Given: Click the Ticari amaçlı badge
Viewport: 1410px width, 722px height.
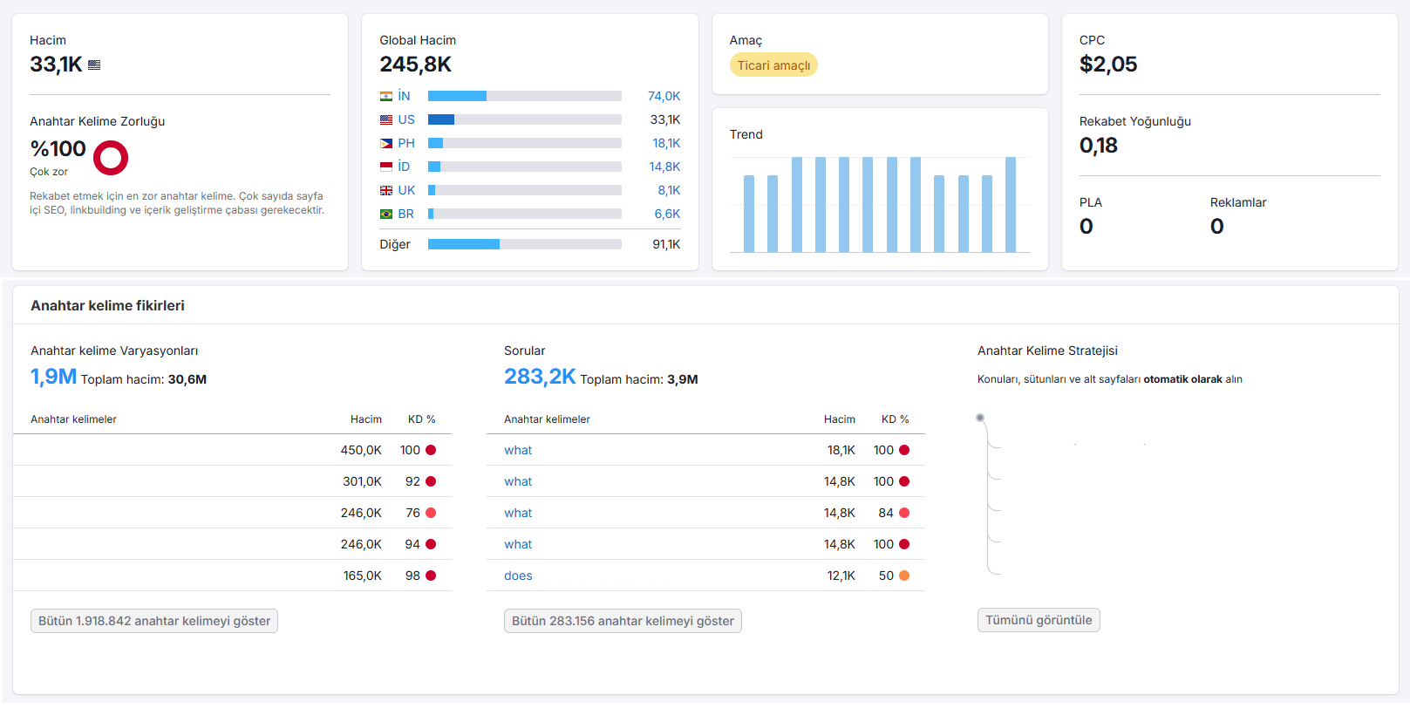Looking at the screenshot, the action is click(x=773, y=65).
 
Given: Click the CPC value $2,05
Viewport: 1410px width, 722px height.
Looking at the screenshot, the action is click(x=1107, y=65).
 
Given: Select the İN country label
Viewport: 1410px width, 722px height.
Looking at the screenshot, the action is click(x=404, y=96).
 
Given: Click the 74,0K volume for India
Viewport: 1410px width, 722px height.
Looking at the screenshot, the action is click(x=664, y=96).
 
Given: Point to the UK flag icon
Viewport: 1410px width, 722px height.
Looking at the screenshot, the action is click(x=386, y=190).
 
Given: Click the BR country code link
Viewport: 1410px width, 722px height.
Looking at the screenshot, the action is click(x=405, y=214).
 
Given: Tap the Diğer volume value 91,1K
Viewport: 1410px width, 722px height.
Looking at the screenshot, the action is click(x=666, y=244).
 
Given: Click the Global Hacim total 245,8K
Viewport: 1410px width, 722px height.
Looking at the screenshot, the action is click(x=415, y=65).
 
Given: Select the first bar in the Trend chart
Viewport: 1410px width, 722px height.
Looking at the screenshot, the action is click(x=748, y=214).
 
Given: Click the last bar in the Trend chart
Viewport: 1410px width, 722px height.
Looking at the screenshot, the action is click(x=1011, y=205).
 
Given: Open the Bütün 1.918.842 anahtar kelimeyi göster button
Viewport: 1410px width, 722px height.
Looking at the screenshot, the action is click(x=154, y=621).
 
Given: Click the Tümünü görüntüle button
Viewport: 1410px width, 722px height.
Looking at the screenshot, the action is click(x=1039, y=620).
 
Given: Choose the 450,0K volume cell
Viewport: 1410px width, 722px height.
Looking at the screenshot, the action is click(x=361, y=450).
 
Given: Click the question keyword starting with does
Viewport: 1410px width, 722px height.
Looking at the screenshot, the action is click(x=518, y=576).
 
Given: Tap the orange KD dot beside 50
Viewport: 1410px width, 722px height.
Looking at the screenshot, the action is click(x=904, y=576).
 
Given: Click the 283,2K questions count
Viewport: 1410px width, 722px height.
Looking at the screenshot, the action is click(x=540, y=377).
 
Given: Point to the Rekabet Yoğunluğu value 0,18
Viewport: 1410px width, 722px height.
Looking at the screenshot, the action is click(x=1099, y=146).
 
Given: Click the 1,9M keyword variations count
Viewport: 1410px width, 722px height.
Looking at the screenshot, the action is click(x=53, y=377).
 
